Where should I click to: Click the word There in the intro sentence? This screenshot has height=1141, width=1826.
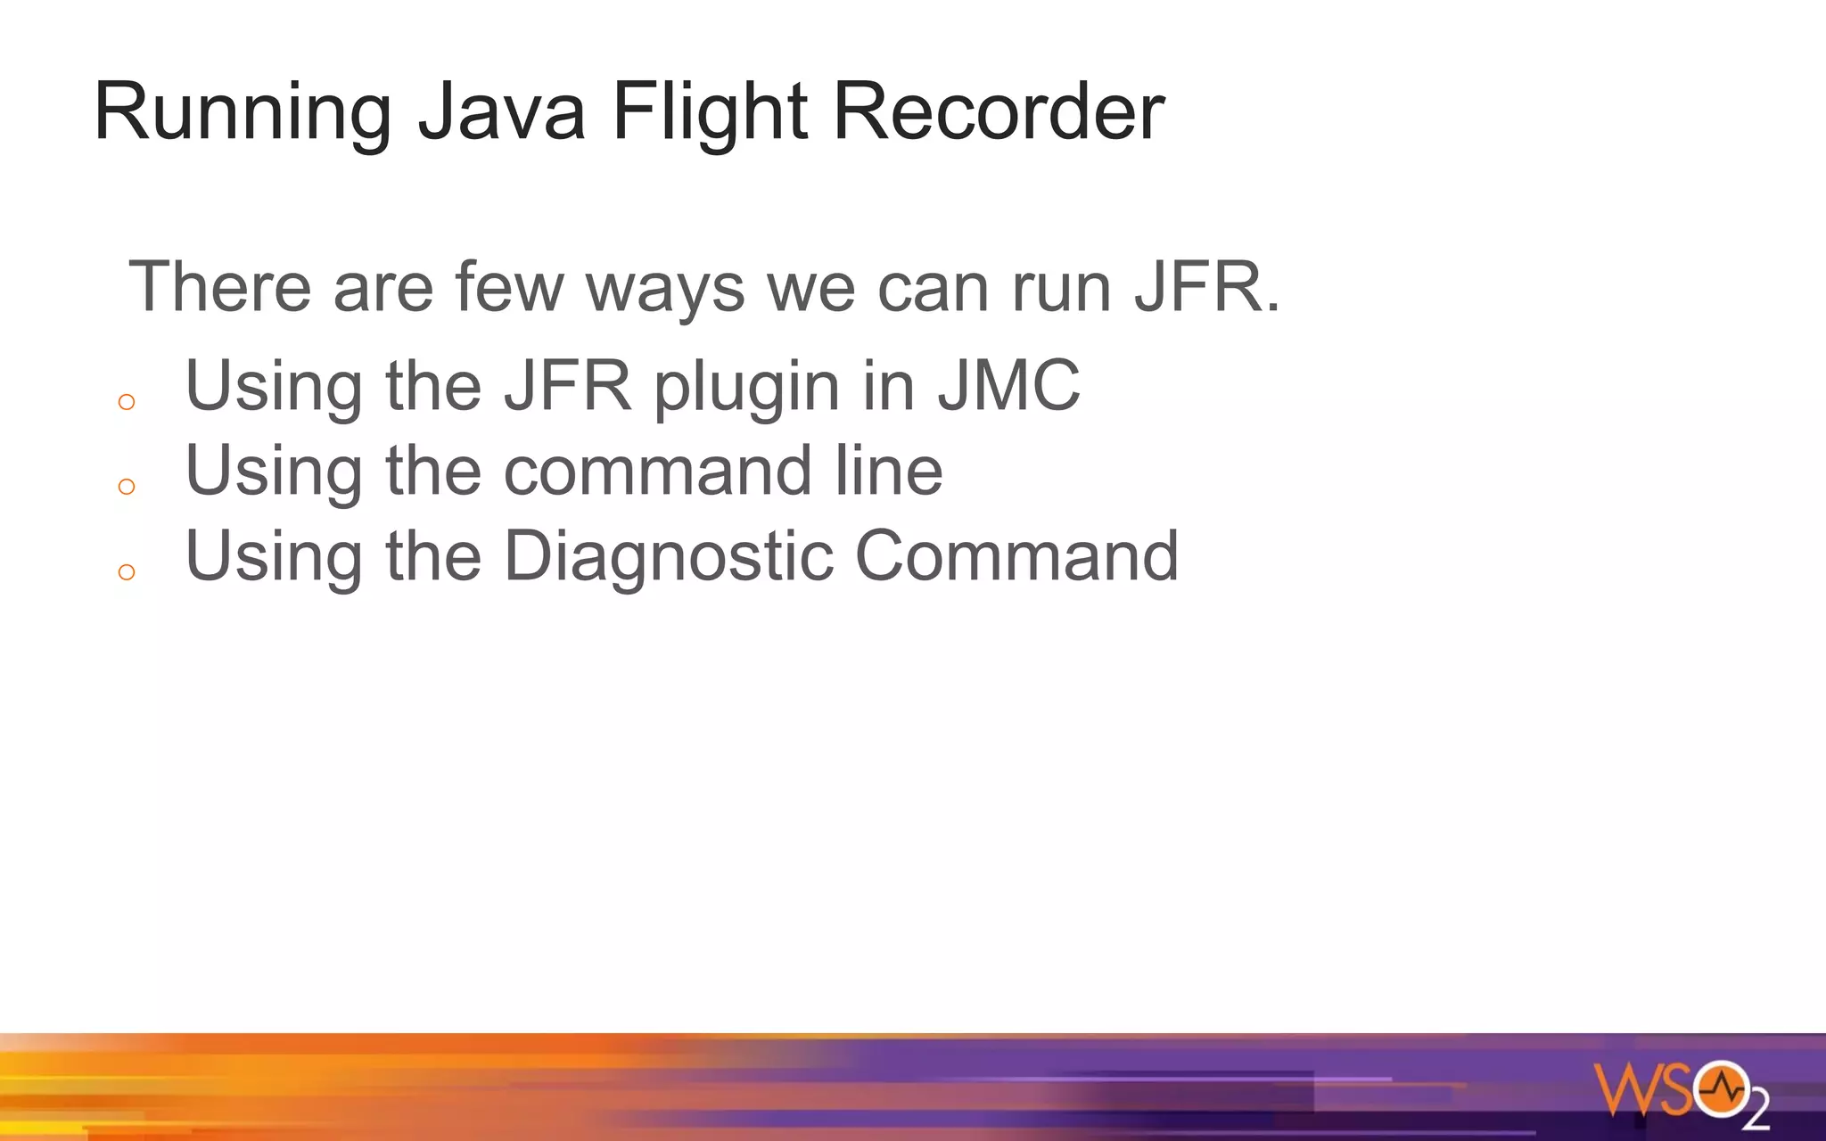coord(220,286)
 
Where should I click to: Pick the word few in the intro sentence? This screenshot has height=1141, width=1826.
coord(509,286)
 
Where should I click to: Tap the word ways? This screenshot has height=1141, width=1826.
coord(665,288)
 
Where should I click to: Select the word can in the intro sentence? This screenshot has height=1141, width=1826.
coord(933,288)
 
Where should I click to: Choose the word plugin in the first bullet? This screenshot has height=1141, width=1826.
coord(747,387)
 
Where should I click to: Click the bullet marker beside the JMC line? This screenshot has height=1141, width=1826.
coord(127,402)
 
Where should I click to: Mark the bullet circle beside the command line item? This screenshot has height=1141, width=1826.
coord(127,487)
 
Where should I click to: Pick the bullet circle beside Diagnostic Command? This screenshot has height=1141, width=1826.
coord(127,572)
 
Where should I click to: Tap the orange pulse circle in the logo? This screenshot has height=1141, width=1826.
coord(1721,1088)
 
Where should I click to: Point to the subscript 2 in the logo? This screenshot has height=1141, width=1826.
coord(1756,1112)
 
